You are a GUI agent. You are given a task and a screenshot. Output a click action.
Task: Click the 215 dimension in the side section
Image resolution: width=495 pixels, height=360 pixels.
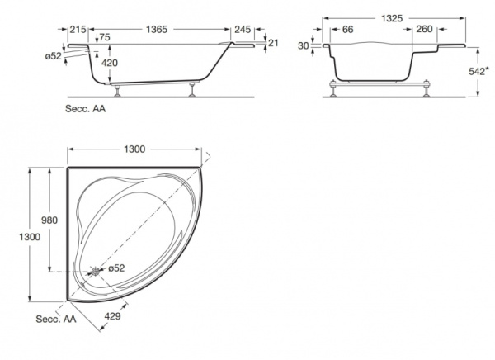pyautogui.click(x=78, y=29)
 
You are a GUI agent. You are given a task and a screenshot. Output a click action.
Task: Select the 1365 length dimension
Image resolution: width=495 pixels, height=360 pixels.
pyautogui.click(x=153, y=29)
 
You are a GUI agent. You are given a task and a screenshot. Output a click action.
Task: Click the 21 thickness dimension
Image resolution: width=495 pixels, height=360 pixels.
pyautogui.click(x=274, y=44)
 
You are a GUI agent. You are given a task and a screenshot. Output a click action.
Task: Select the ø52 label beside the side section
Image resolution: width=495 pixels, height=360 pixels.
pyautogui.click(x=54, y=55)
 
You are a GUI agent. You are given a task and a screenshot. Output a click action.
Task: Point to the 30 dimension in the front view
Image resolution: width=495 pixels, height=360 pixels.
pyautogui.click(x=304, y=46)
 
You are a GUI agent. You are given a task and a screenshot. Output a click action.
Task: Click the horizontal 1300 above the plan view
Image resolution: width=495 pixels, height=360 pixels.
pyautogui.click(x=134, y=149)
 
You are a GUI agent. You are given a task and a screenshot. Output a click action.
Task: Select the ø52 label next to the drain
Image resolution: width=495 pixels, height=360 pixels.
pyautogui.click(x=115, y=268)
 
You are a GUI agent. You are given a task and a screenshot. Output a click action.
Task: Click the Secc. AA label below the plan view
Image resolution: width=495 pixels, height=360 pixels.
pyautogui.click(x=54, y=318)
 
